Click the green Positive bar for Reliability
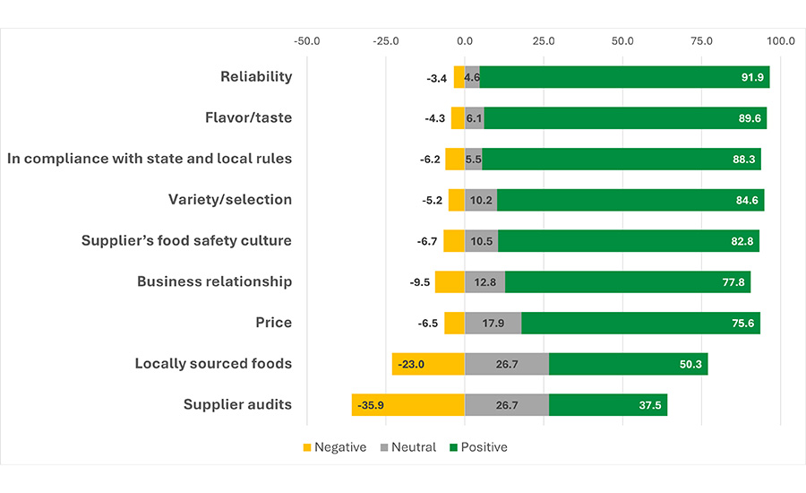coord(624,77)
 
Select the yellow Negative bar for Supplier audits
coord(408,405)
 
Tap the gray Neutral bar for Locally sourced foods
coord(507,364)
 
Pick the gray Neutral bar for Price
coord(493,323)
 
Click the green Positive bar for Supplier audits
coord(607,405)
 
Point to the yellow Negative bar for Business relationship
coord(450,281)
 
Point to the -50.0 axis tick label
coord(307,41)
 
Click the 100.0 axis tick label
coord(780,41)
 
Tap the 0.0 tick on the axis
coord(465,41)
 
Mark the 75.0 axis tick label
coord(701,41)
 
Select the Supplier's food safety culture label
coord(186,240)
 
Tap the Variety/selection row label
coord(230,199)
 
